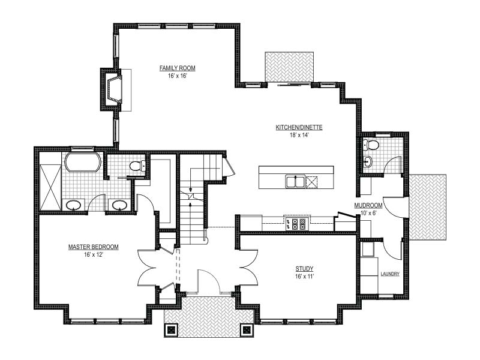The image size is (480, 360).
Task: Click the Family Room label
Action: click(x=177, y=68)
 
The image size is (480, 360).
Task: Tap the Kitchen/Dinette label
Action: click(x=299, y=127)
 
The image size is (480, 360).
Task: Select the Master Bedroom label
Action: click(x=94, y=247)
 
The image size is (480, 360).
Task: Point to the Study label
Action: click(x=304, y=269)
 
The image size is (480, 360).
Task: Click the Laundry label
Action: click(x=390, y=274)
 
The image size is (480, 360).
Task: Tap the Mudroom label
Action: click(x=368, y=205)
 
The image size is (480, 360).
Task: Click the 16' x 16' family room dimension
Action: click(x=177, y=76)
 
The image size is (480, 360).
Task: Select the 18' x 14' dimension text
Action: click(x=299, y=135)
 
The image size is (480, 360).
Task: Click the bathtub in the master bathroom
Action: click(x=83, y=162)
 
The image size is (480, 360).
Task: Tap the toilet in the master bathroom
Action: click(x=137, y=166)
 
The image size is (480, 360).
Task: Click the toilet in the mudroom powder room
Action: click(x=371, y=145)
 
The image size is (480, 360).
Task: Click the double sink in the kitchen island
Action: click(x=295, y=181)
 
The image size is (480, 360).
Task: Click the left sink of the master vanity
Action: click(x=73, y=205)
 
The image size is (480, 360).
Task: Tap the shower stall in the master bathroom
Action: click(x=50, y=187)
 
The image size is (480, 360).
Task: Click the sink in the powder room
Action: click(x=367, y=161)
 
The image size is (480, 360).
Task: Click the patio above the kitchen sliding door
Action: click(x=289, y=67)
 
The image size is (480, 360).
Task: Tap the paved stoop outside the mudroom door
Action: click(x=428, y=207)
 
